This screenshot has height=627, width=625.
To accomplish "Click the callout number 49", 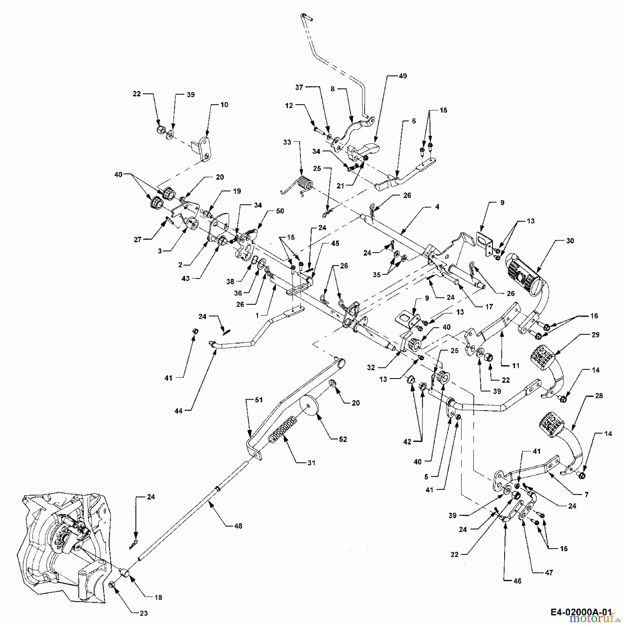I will coord(403,76).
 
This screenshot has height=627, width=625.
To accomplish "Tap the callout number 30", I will coord(570,241).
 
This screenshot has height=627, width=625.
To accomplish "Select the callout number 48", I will coord(238,526).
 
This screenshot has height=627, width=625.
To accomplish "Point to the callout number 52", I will coord(343,439).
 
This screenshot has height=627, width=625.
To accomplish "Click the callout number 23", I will coord(143,613).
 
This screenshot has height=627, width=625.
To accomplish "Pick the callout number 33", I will coord(287,142).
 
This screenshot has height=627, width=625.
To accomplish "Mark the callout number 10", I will coord(224,104).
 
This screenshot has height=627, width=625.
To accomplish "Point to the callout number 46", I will coord(517,581).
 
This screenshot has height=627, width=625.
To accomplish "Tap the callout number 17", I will coord(489,307).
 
